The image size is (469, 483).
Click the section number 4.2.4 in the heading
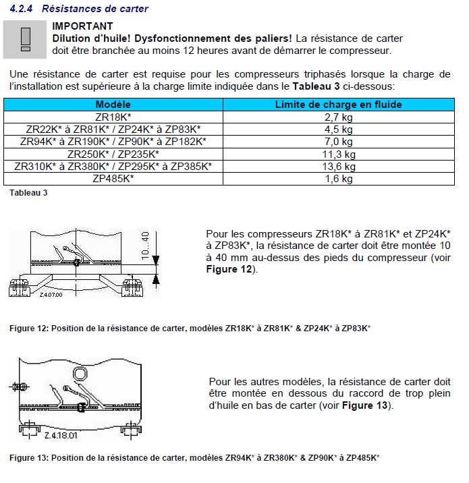coord(21,9)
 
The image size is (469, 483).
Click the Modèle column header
coord(113,105)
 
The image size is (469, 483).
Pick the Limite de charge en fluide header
coord(338,105)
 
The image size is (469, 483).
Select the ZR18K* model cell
coord(113,117)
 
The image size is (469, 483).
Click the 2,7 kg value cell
coord(338,117)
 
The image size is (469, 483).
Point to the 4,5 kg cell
coord(338,130)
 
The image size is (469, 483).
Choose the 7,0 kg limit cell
coord(338,142)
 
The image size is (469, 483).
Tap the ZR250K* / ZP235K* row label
coord(113,154)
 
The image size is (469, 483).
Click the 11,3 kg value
coord(338,154)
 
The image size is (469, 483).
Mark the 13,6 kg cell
coord(338,167)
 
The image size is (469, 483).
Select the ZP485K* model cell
coord(113,179)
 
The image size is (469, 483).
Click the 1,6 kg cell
coord(338,179)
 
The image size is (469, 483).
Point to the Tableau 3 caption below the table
coord(28,193)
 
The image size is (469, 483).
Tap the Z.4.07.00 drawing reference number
coord(50,295)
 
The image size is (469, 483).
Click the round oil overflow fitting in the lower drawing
coord(80,375)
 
